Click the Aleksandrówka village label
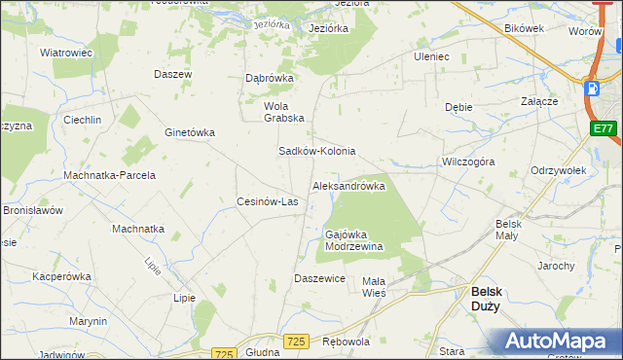348,186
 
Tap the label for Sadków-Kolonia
317,152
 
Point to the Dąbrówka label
269,78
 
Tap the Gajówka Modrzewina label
353,240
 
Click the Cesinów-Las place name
268,202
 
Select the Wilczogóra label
468,162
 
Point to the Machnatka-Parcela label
109,175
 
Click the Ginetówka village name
190,132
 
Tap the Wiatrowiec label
66,53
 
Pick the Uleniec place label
431,56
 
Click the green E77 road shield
603,127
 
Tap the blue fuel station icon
591,89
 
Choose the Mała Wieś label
374,287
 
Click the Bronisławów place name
32,210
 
